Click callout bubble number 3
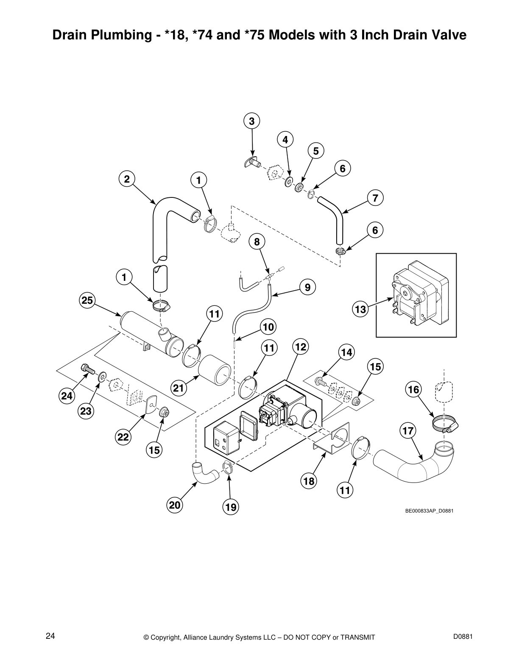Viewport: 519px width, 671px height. [x=251, y=121]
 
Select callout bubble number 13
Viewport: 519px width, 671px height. [x=360, y=310]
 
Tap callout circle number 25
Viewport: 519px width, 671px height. [x=87, y=300]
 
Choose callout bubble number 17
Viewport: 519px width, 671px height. [x=407, y=431]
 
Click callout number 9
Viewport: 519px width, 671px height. [x=307, y=288]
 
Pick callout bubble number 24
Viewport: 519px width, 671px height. [x=67, y=396]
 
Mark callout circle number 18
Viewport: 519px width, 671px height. [x=309, y=481]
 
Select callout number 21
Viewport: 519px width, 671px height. [x=179, y=387]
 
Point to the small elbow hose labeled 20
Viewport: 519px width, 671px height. [x=203, y=473]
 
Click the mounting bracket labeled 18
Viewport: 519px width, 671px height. [x=331, y=441]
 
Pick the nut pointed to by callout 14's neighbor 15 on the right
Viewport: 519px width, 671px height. [x=357, y=400]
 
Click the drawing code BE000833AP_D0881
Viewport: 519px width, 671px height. [x=429, y=510]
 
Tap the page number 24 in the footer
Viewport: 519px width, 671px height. [x=50, y=635]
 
